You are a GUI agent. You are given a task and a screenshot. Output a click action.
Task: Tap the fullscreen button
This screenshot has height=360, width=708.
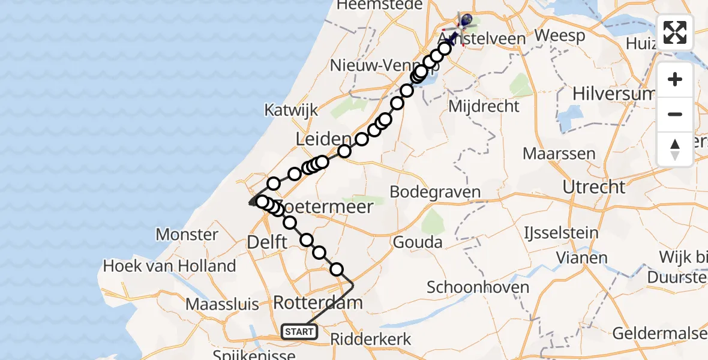coord(675,32)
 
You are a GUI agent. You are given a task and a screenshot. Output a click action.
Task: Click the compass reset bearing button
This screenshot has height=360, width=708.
coord(675,149)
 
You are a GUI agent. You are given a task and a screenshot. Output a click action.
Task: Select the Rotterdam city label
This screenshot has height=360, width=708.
coord(317,302)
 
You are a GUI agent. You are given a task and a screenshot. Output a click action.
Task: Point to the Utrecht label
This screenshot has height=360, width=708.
coord(593,187)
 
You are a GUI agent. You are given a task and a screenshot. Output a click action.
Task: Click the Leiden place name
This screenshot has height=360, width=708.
coord(323,139)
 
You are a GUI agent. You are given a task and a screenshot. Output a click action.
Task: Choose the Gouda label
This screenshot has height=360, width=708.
coord(418,242)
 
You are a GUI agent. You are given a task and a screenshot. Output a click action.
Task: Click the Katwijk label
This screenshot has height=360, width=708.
coord(291,110)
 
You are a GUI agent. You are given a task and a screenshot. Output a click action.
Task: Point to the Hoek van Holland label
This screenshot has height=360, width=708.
coord(169,266)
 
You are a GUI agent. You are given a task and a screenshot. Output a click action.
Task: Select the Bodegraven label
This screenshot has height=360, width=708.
coord(435,193)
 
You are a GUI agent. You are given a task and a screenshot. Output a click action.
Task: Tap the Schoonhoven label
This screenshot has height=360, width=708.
coord(478,287)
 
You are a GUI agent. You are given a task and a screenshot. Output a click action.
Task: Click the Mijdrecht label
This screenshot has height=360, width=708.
coord(484,107)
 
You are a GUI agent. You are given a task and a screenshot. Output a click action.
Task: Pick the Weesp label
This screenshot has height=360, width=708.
coord(560,36)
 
